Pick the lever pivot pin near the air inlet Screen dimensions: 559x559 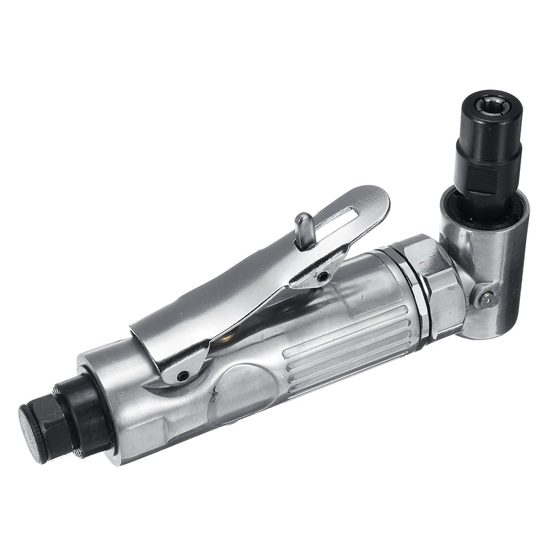[x=182, y=376]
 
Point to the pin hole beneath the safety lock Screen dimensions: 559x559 [x=321, y=277]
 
